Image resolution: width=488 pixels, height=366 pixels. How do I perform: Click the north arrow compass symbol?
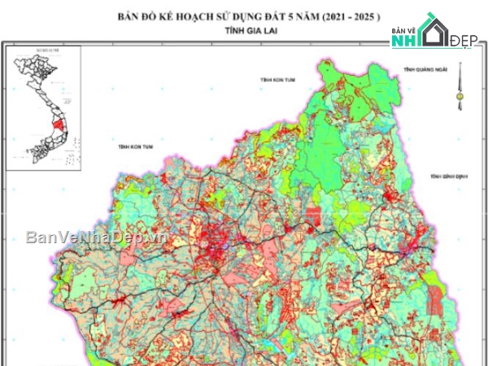pos(460,89)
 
